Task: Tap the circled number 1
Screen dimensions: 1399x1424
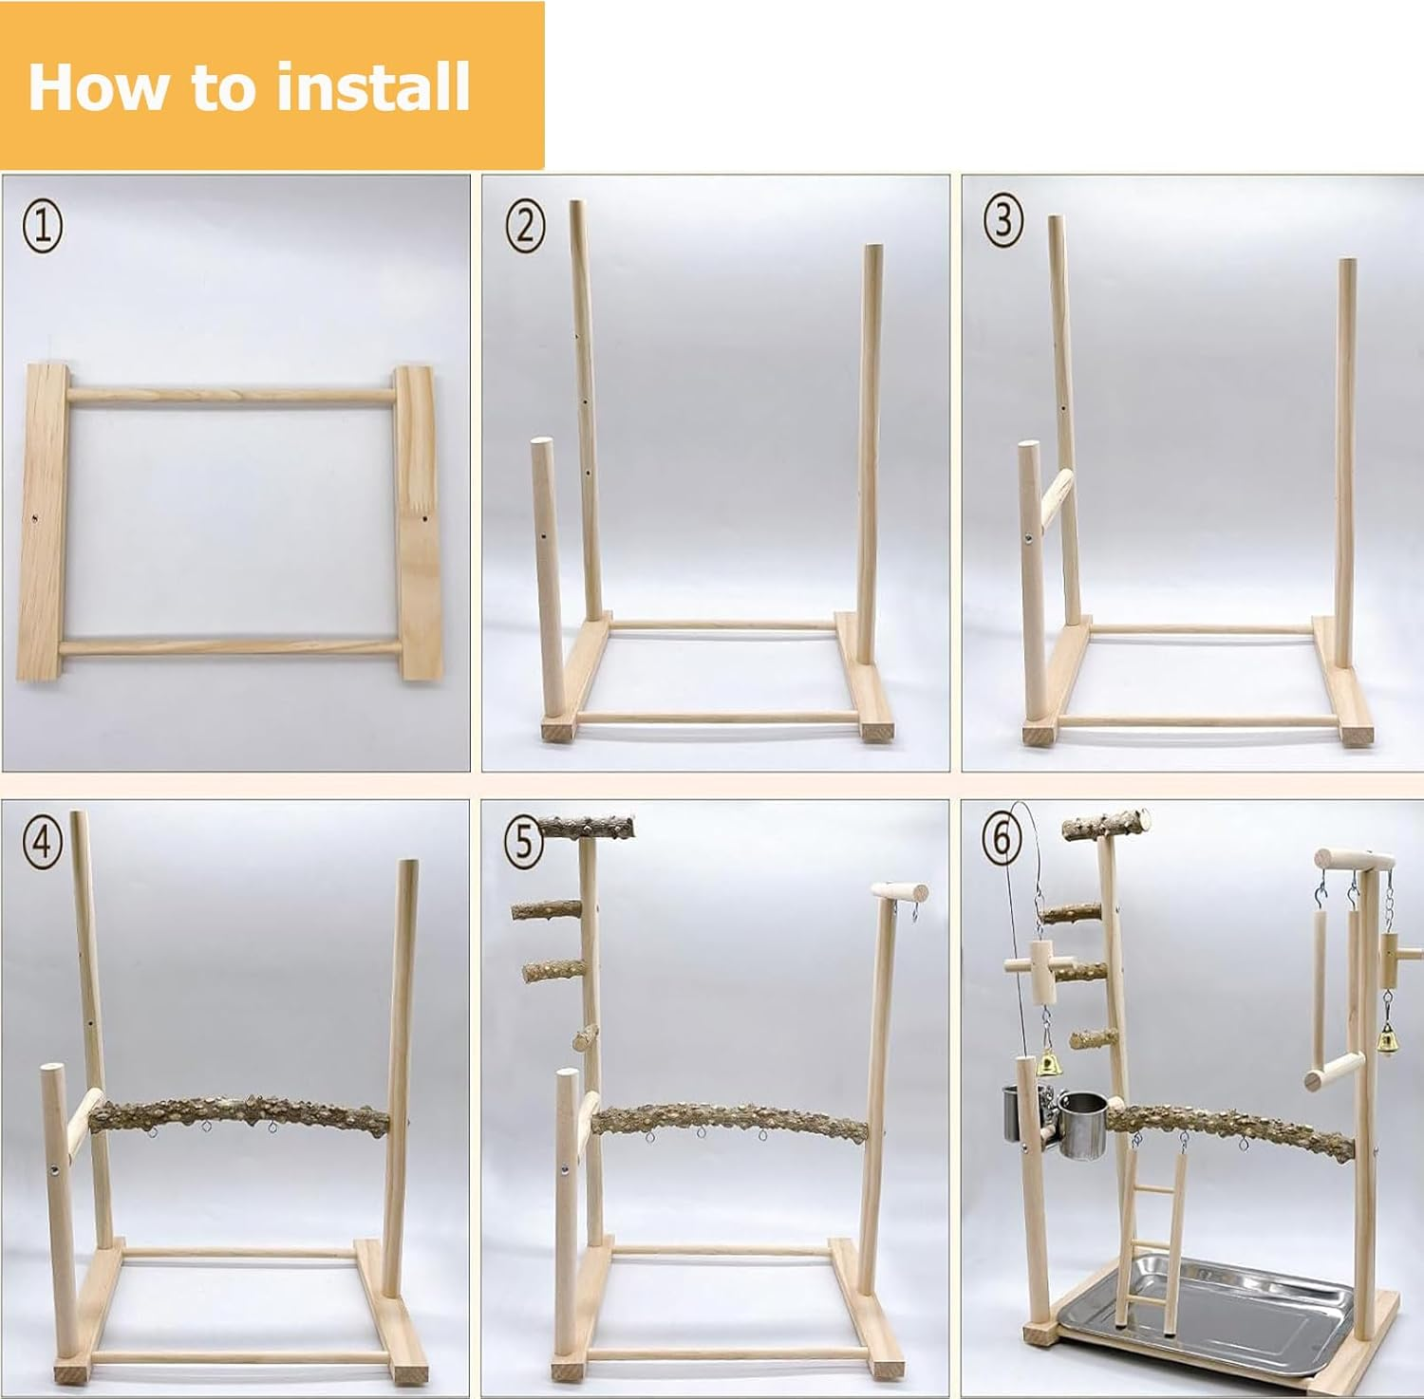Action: (x=43, y=227)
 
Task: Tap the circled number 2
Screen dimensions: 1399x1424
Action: (x=525, y=227)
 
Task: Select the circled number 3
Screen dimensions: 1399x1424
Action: (x=1003, y=221)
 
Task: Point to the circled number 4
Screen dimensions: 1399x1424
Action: (x=43, y=841)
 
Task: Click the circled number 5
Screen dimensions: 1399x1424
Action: (x=523, y=841)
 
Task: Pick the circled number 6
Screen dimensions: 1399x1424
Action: (x=1002, y=837)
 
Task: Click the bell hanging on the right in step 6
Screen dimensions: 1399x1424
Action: (x=1387, y=1042)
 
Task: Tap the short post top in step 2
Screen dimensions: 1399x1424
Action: (x=540, y=446)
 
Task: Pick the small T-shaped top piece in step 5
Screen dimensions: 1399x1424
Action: (x=899, y=892)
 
